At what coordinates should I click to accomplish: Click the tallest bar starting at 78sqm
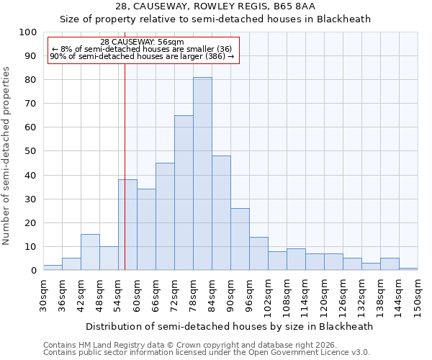202,174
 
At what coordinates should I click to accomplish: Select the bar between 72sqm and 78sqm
184,193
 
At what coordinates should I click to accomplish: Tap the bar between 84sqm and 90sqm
221,213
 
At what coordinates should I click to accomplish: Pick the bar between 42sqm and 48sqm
90,252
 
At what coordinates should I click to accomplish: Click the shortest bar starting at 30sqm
53,268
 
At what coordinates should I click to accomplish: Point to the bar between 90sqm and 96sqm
240,239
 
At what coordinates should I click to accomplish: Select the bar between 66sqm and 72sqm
165,217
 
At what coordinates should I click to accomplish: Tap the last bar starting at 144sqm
408,269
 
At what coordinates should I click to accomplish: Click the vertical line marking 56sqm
125,144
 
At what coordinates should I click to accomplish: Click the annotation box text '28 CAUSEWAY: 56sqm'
142,42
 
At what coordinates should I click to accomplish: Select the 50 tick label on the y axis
30,151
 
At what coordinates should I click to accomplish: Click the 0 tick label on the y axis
33,271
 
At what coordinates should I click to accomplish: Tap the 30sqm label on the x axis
44,295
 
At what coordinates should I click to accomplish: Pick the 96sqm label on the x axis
250,295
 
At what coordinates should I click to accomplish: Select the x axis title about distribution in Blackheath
229,326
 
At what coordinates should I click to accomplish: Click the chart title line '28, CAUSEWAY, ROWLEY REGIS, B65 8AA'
215,6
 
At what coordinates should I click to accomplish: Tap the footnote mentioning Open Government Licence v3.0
207,352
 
